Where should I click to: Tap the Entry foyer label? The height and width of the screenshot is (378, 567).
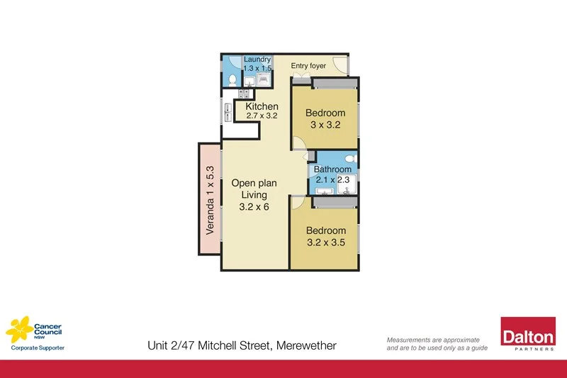click(308, 66)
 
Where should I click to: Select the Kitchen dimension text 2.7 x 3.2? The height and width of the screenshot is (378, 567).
click(262, 116)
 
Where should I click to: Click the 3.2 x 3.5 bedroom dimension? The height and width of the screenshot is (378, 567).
click(326, 243)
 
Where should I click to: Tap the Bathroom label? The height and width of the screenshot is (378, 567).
click(332, 169)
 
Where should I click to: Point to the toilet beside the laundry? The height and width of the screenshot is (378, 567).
click(233, 79)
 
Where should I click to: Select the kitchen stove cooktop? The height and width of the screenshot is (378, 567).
click(245, 93)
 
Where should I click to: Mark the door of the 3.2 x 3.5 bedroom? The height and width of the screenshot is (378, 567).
click(298, 201)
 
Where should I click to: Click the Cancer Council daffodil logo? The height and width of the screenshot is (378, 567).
click(19, 328)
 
